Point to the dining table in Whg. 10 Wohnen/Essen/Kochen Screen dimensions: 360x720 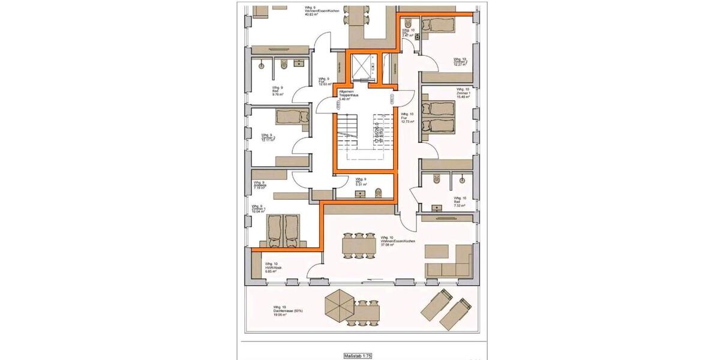click(x=361, y=245)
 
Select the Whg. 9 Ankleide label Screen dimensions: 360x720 click(x=259, y=185)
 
